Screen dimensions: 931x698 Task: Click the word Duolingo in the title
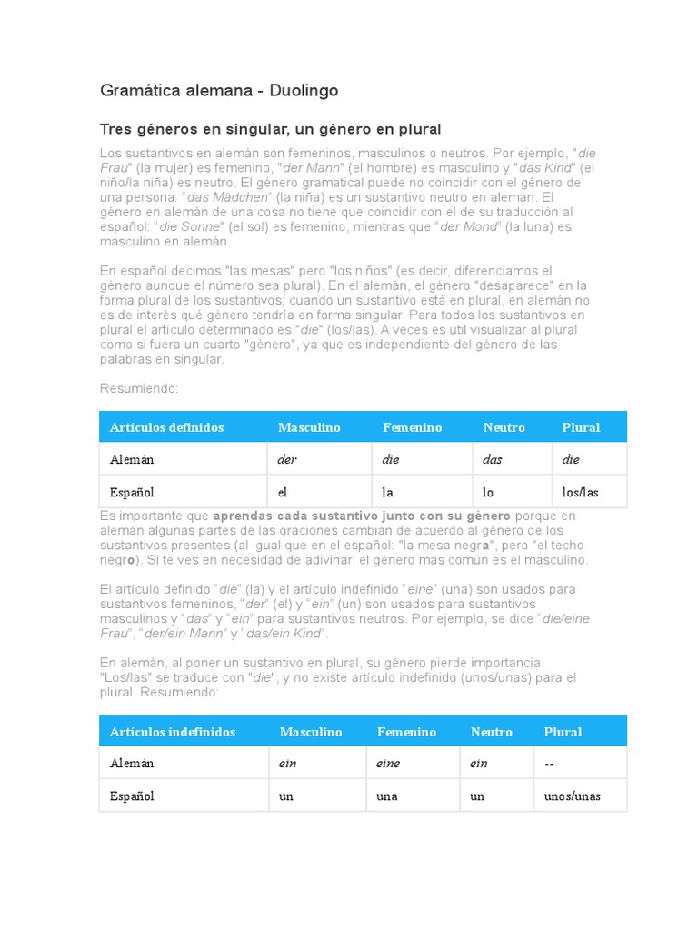click(x=304, y=91)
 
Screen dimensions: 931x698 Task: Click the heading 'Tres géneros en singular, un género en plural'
click(x=271, y=129)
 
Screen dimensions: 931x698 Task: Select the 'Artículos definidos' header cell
click(x=166, y=427)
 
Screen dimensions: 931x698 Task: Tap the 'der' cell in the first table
click(x=287, y=459)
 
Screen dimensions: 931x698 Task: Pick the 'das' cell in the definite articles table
click(x=492, y=459)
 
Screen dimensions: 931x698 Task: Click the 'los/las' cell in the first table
click(x=580, y=492)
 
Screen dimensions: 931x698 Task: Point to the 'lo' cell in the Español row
click(x=488, y=492)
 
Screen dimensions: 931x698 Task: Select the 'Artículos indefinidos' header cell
click(x=172, y=732)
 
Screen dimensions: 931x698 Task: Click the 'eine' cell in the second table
click(x=388, y=764)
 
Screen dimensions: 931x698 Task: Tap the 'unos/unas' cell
click(x=573, y=796)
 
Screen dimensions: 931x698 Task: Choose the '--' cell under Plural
click(x=549, y=764)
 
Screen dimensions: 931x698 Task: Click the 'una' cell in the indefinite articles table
click(x=387, y=796)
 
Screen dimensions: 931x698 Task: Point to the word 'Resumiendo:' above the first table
click(x=139, y=388)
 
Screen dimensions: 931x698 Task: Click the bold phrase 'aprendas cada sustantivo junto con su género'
click(x=362, y=516)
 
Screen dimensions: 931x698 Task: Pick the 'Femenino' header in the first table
click(x=412, y=427)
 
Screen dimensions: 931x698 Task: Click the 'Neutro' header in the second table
click(x=492, y=732)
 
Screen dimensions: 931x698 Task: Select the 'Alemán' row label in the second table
click(x=132, y=764)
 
